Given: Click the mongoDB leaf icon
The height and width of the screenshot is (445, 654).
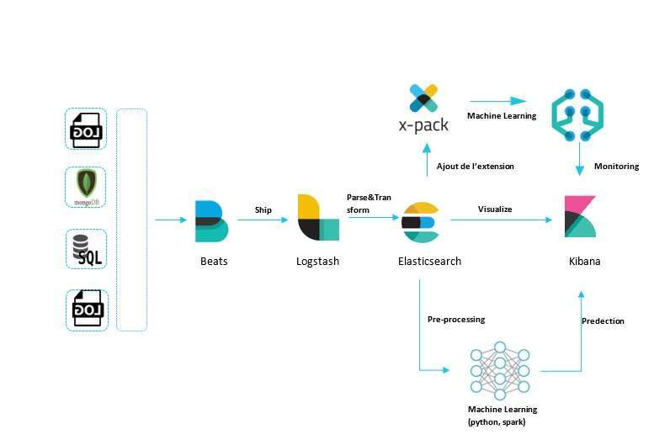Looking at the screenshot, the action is coord(87,183).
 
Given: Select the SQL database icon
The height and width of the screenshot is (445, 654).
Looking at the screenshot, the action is coord(87,250).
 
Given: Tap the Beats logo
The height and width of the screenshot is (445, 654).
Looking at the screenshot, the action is coord(211,221).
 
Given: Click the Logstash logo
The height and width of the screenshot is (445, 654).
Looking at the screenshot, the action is coord(318,218).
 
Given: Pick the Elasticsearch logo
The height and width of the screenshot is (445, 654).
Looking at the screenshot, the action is coord(420,222).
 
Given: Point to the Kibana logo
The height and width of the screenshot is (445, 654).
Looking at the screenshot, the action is coord(580,216).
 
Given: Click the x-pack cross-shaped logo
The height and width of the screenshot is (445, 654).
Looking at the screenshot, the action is coord(423,98).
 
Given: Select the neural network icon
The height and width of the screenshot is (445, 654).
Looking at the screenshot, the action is coord(500,371).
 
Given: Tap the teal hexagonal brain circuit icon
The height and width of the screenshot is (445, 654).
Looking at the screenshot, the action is coord(577,114).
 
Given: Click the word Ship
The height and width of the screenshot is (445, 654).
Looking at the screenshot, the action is coord(263,209).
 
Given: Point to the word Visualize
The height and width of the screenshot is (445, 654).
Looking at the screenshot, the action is coord(495,209).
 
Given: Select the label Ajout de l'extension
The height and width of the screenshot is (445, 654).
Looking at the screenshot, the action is coord(475,167).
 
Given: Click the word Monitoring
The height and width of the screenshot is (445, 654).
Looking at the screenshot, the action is coord(616,167).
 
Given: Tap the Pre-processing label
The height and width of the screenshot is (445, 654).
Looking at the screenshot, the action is coord(456,320).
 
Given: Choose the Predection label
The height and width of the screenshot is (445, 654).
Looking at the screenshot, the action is coord(603,321).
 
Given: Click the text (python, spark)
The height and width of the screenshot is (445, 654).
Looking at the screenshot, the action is coord(497,422).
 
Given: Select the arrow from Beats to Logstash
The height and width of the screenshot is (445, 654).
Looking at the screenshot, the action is coord(263,220).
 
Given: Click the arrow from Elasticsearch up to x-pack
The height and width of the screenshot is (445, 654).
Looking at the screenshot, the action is coord(427,160).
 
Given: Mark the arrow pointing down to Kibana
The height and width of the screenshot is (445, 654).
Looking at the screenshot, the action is coord(580,158).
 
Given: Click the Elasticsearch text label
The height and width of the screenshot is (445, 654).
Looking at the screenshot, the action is coord(429,262).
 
